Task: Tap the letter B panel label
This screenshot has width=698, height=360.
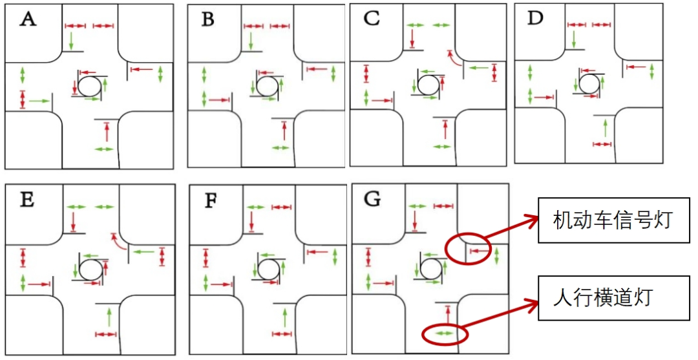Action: pyautogui.click(x=207, y=20)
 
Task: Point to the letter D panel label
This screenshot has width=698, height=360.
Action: pyautogui.click(x=534, y=17)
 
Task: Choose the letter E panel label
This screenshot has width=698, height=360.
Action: pyautogui.click(x=27, y=200)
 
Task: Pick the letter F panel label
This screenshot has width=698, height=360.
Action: pyautogui.click(x=211, y=199)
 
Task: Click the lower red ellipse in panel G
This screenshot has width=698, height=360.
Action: pyautogui.click(x=445, y=334)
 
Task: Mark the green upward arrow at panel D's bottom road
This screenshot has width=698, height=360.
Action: pyautogui.click(x=604, y=127)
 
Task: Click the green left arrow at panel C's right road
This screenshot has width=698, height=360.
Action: pyautogui.click(x=478, y=67)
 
